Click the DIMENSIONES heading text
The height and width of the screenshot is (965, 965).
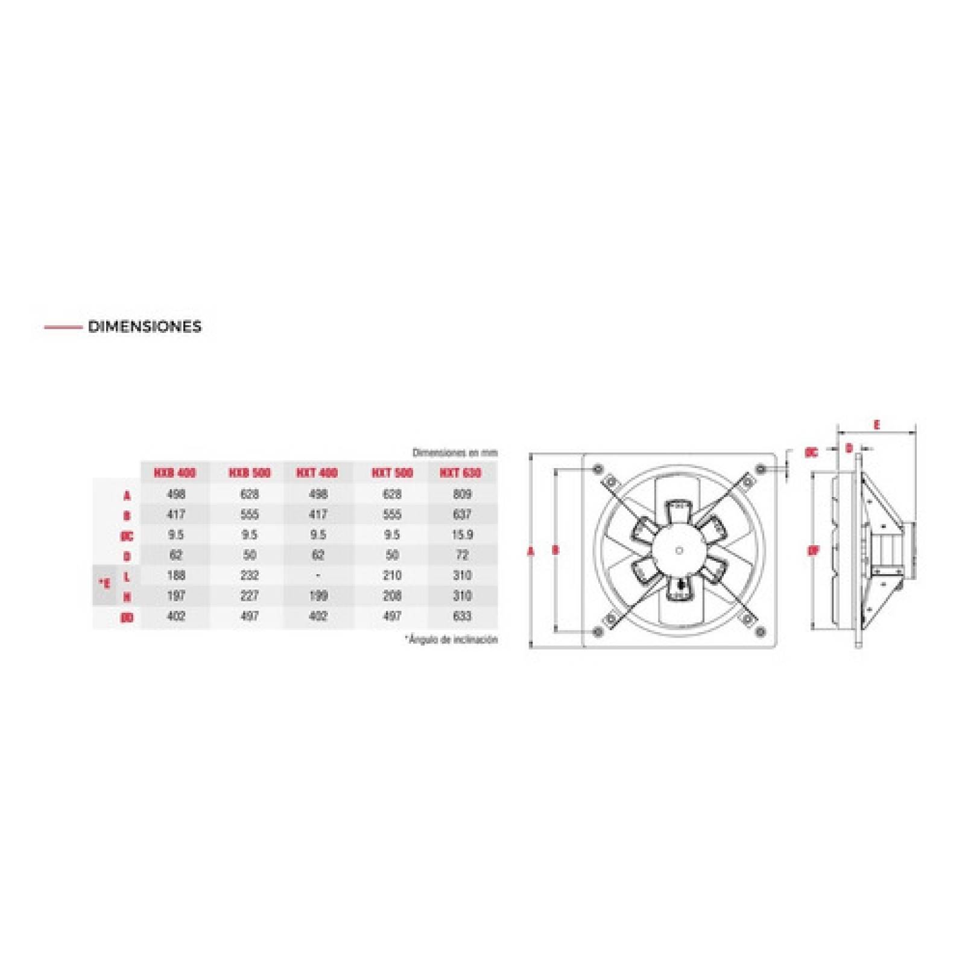[144, 327]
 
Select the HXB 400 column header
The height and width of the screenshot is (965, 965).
[175, 473]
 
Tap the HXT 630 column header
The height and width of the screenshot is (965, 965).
[461, 473]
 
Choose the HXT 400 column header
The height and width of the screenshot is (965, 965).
[317, 473]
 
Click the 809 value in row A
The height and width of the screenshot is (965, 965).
[461, 495]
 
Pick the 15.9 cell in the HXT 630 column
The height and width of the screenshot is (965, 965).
[461, 535]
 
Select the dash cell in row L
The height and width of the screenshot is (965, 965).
[318, 576]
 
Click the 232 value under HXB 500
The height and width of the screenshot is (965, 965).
[249, 576]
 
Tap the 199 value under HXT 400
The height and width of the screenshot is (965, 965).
[318, 596]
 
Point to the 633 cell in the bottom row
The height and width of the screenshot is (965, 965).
[461, 616]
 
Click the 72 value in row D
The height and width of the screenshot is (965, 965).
[461, 555]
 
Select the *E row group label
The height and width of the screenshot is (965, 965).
[105, 584]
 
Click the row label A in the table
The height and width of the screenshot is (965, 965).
[127, 496]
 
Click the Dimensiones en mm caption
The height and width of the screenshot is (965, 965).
[455, 452]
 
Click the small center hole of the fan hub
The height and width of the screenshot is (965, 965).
[680, 550]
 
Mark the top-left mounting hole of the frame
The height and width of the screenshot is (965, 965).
[598, 469]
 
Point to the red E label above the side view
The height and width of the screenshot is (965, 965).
[876, 425]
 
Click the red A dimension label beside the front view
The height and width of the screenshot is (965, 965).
[531, 551]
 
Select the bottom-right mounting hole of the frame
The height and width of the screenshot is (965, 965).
[761, 631]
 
